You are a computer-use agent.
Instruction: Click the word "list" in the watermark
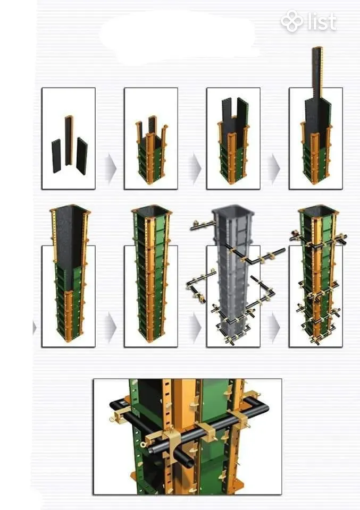pyautogui.click(x=322, y=21)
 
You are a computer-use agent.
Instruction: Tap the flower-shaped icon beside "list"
pyautogui.click(x=292, y=21)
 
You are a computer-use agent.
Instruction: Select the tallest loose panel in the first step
pyautogui.click(x=69, y=140)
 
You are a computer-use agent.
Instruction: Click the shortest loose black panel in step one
pyautogui.click(x=56, y=156)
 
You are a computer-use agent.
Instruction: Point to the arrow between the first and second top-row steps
pyautogui.click(x=111, y=168)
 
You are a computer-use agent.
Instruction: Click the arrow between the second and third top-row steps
pyautogui.click(x=195, y=168)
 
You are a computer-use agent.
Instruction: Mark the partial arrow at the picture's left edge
pyautogui.click(x=34, y=328)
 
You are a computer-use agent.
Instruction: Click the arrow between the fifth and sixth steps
pyautogui.click(x=111, y=327)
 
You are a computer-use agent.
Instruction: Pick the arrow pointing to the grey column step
pyautogui.click(x=195, y=327)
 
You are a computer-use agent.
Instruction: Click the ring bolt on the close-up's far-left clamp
pyautogui.click(x=113, y=418)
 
